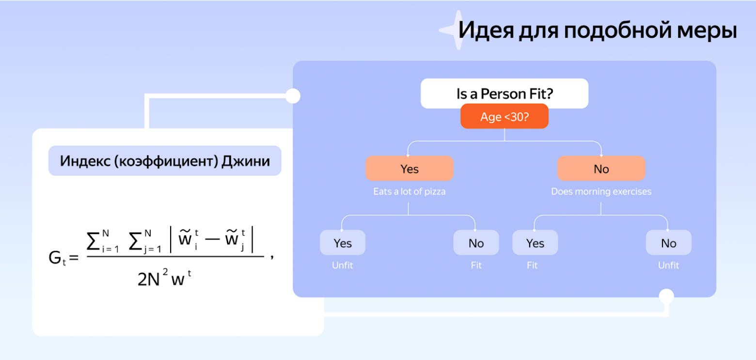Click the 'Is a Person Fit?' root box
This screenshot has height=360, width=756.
pyautogui.click(x=504, y=94)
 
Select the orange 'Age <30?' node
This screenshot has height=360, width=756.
pyautogui.click(x=504, y=117)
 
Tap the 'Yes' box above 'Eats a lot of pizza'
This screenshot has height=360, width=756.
pyautogui.click(x=409, y=169)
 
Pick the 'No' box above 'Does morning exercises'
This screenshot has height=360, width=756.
pyautogui.click(x=601, y=169)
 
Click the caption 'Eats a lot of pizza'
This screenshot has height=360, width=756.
pyautogui.click(x=409, y=191)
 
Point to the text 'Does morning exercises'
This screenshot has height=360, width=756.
pyautogui.click(x=601, y=191)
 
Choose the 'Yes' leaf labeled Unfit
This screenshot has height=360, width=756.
pyautogui.click(x=343, y=243)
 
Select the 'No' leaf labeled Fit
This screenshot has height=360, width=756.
pyautogui.click(x=476, y=243)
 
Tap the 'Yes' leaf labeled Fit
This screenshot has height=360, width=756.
pyautogui.click(x=535, y=243)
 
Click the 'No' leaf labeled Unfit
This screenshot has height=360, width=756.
pyautogui.click(x=668, y=243)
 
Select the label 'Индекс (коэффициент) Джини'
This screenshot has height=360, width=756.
pyautogui.click(x=165, y=160)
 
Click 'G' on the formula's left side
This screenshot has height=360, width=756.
pyautogui.click(x=55, y=258)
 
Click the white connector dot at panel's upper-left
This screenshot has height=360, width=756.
pyautogui.click(x=293, y=96)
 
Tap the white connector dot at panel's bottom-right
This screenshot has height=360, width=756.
pyautogui.click(x=667, y=296)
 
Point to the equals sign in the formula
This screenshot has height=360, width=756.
pyautogui.click(x=74, y=258)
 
